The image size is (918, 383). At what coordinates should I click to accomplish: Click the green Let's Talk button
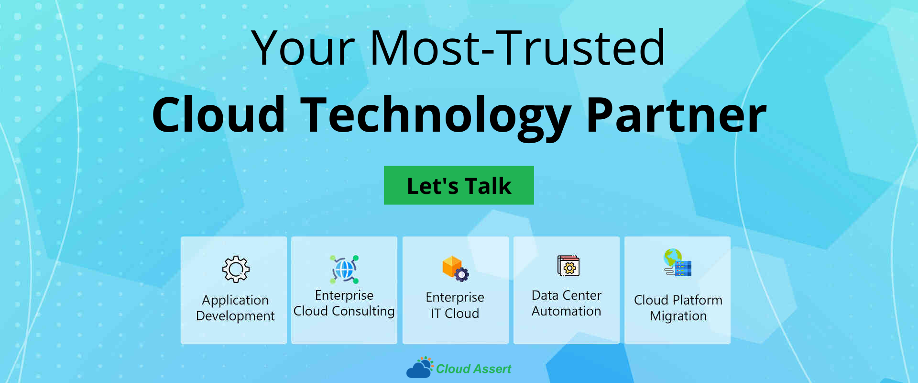(x=459, y=185)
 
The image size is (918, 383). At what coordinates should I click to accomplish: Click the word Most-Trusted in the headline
(x=517, y=47)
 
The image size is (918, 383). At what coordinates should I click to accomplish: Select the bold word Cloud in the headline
(x=219, y=115)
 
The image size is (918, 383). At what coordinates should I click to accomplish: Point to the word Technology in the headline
(x=436, y=117)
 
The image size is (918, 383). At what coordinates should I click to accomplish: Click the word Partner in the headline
(x=677, y=115)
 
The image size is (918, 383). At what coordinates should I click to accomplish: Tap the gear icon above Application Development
(x=236, y=269)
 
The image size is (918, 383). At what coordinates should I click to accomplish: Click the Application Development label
(x=235, y=308)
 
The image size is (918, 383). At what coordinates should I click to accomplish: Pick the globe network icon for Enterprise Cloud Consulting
(x=344, y=269)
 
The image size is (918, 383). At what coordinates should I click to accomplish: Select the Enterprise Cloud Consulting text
(x=344, y=303)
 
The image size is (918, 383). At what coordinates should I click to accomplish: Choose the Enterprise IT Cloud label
(x=455, y=305)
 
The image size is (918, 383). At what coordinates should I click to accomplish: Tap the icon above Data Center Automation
(x=568, y=266)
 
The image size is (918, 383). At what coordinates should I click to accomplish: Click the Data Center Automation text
(x=567, y=303)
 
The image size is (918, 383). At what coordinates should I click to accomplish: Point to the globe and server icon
(x=678, y=262)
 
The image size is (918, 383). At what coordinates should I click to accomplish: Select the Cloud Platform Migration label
(x=678, y=308)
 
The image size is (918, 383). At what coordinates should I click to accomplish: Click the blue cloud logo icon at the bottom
(x=419, y=368)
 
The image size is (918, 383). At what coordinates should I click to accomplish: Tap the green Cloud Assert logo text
(x=473, y=369)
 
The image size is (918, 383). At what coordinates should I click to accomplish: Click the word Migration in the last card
(x=678, y=316)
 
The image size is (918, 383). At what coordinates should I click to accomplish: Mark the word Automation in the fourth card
(x=567, y=311)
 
